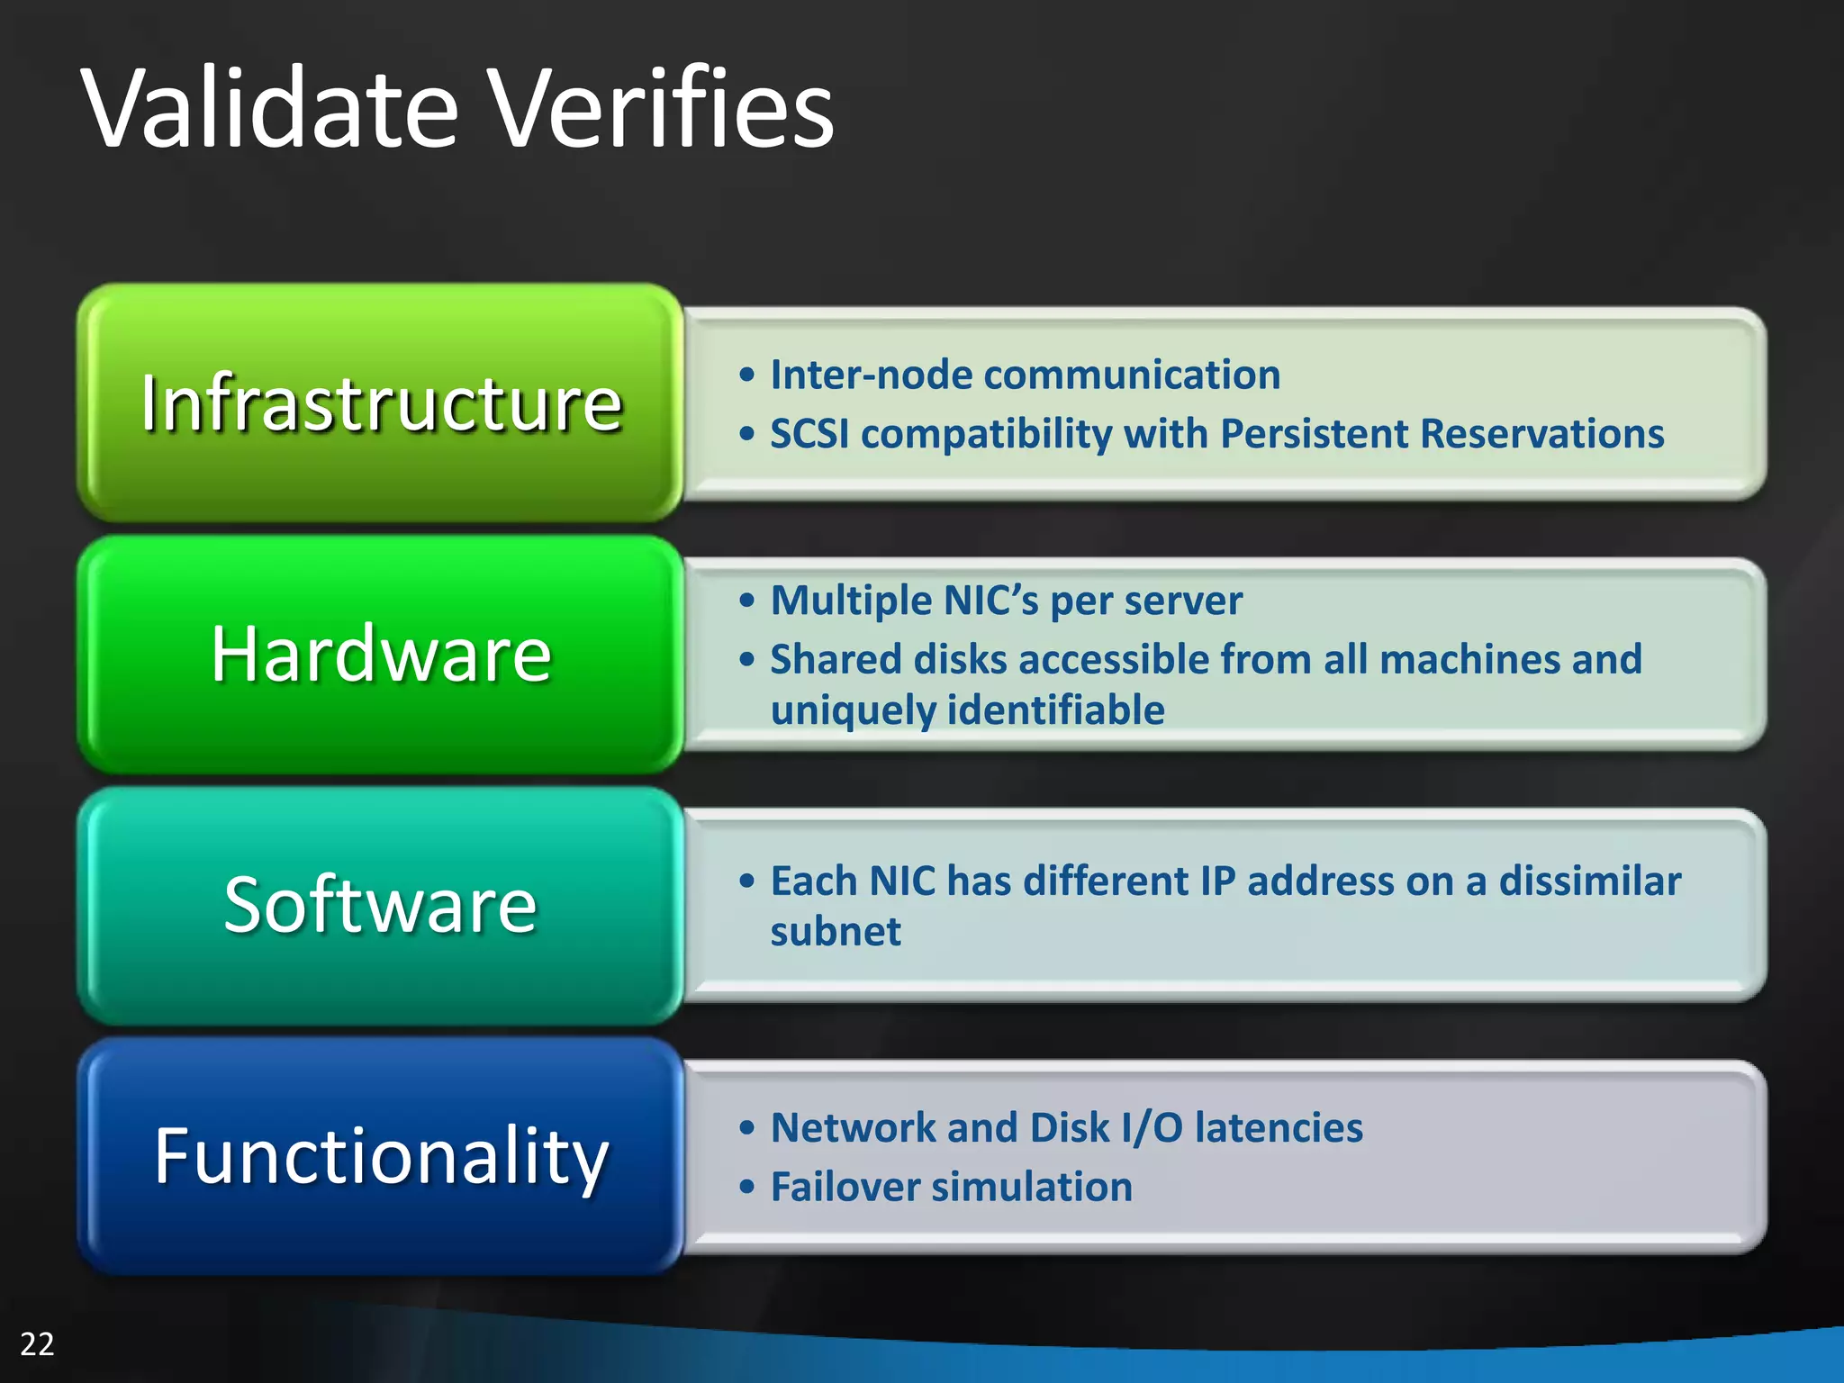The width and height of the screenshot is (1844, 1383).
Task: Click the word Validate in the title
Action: point(270,110)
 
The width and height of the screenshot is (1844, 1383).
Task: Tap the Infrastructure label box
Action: point(381,402)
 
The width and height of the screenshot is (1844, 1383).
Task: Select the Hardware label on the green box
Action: point(381,654)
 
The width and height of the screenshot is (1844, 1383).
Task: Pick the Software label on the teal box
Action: point(381,904)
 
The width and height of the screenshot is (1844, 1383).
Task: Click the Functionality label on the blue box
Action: point(381,1155)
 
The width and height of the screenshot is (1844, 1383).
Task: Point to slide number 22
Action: point(37,1343)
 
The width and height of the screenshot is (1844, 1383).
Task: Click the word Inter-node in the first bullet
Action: point(870,375)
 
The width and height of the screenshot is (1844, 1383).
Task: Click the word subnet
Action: point(835,931)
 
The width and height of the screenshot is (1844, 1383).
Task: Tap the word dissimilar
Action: point(1589,881)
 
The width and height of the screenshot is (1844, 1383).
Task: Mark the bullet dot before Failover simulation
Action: point(746,1188)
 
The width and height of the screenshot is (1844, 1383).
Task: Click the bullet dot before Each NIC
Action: point(746,881)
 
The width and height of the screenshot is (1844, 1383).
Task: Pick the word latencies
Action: point(1279,1128)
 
